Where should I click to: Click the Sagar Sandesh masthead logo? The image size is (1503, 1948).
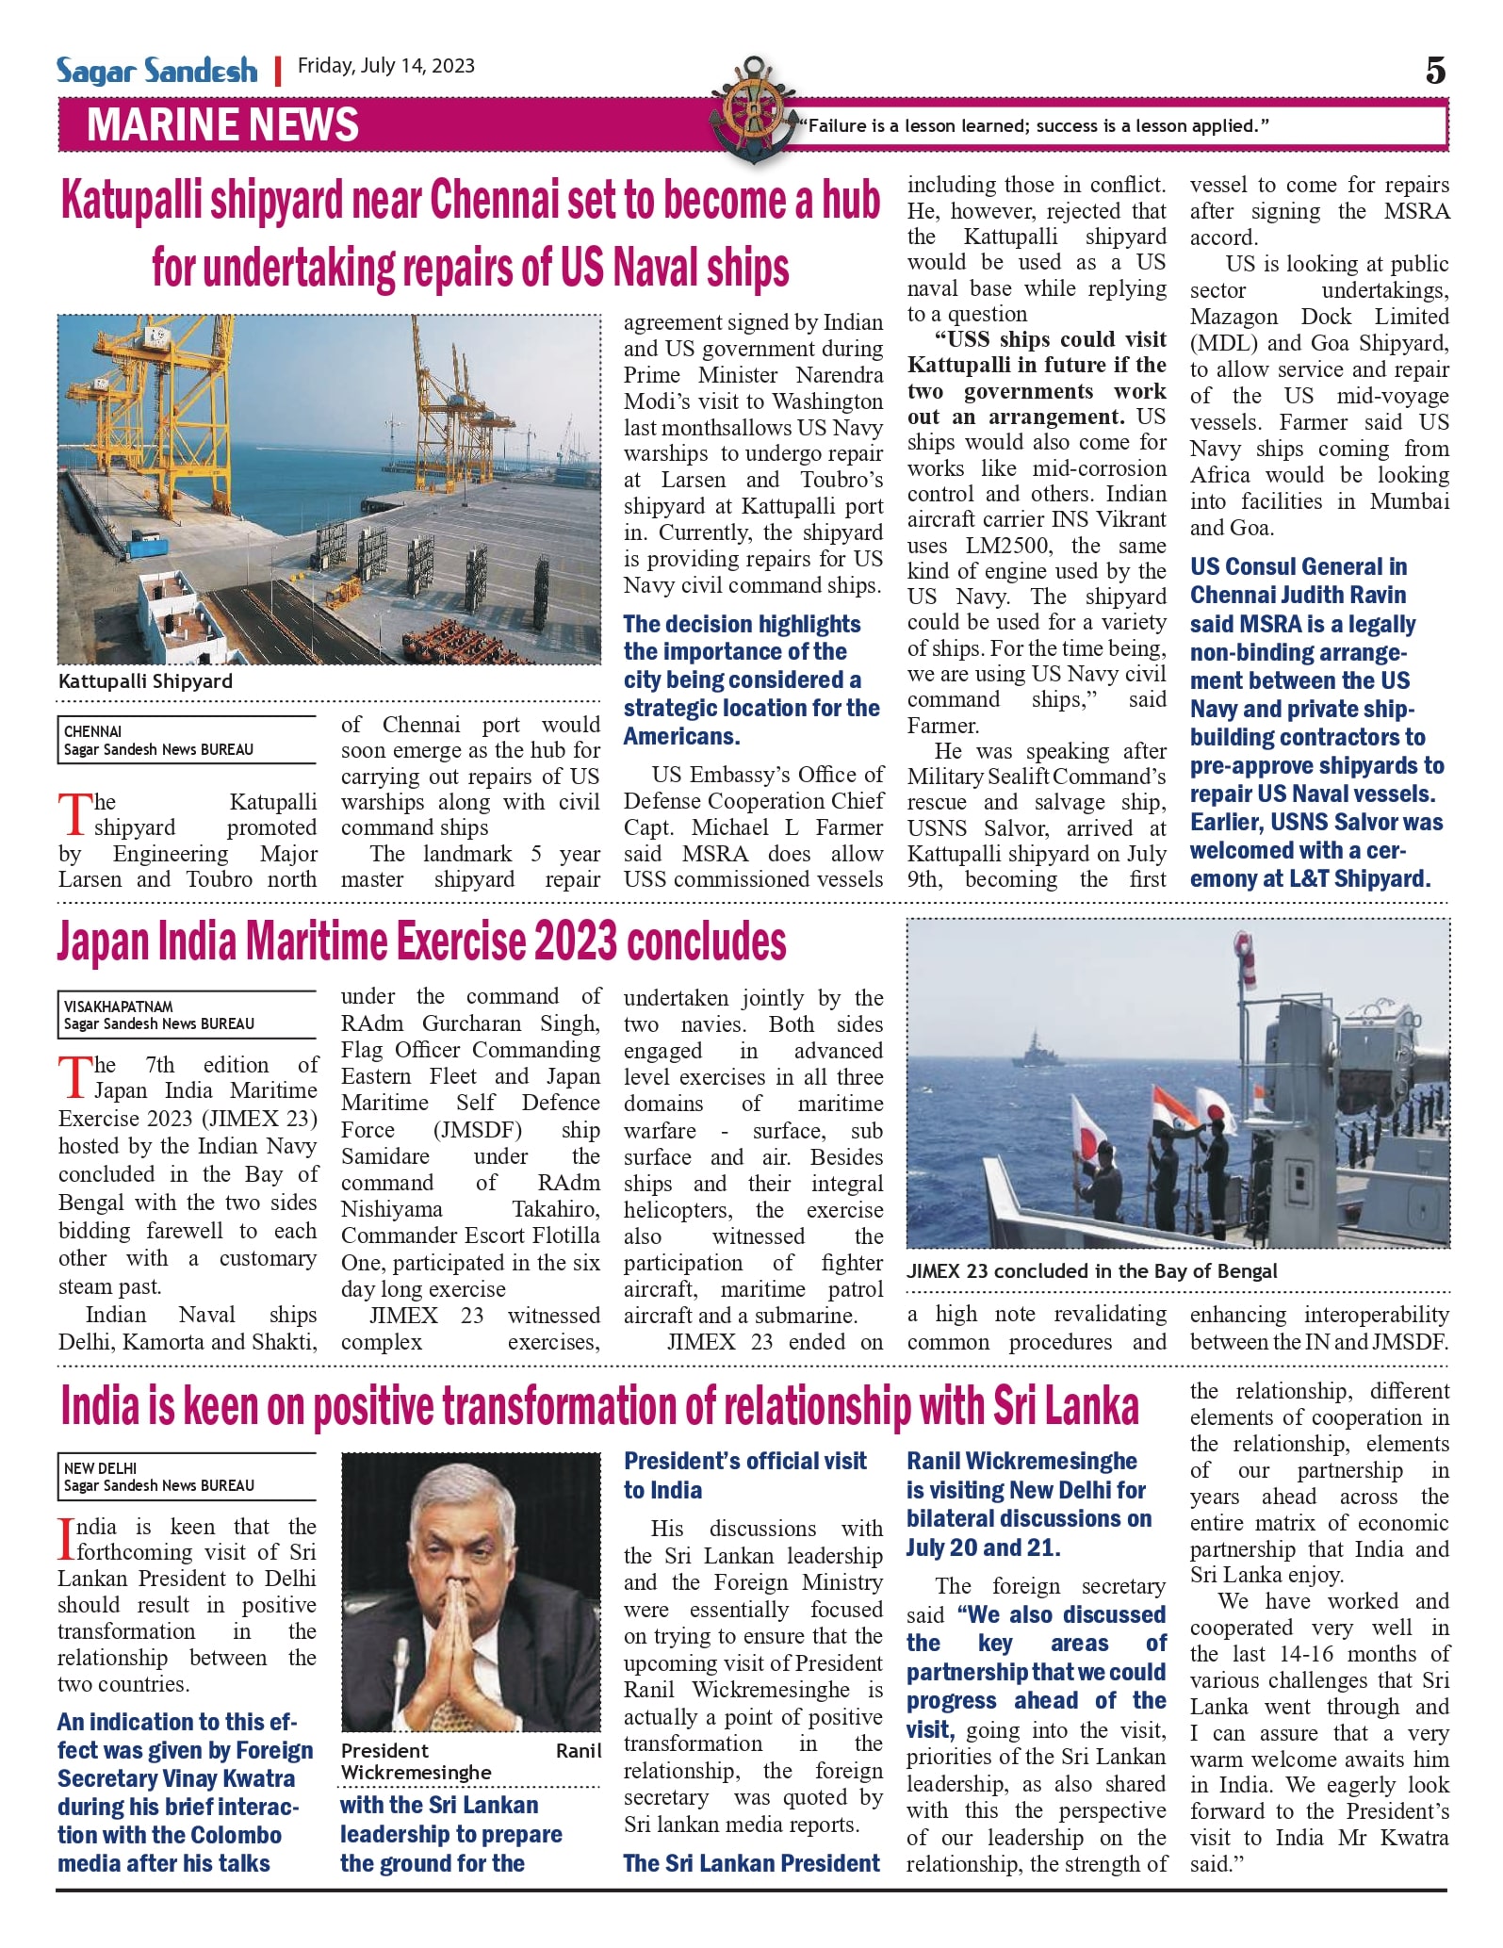(156, 70)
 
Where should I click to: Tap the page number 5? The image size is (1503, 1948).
(1435, 71)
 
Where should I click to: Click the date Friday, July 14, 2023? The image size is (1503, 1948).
(386, 66)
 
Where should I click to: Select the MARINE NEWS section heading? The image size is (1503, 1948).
(223, 124)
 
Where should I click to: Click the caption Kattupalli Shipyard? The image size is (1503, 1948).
(145, 680)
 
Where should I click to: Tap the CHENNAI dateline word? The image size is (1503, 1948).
(92, 731)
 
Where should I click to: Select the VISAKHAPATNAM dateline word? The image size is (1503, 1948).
(119, 1006)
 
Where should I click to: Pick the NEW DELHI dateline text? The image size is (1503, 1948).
(100, 1467)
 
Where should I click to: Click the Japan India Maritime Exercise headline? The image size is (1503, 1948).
(421, 941)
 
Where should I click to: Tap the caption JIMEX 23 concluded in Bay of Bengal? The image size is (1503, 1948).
(1091, 1270)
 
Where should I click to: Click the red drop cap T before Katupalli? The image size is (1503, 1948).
(74, 814)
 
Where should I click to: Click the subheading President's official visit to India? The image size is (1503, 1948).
(744, 1475)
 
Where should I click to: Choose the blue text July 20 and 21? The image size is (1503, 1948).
(983, 1547)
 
